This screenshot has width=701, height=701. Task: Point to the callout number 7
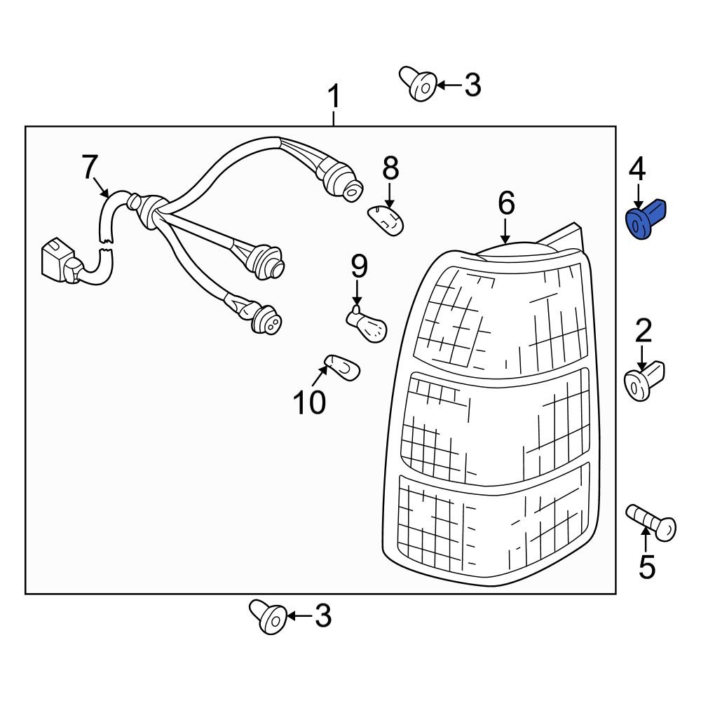pos(89,168)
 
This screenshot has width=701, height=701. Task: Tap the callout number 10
pos(309,402)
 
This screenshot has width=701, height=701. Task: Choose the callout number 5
pos(646,566)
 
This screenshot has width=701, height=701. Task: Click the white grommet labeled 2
pos(643,381)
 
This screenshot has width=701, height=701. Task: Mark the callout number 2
pos(643,330)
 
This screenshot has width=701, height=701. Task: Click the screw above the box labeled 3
pos(418,84)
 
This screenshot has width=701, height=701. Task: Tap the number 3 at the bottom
pos(322,616)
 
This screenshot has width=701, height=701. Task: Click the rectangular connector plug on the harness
pos(57,263)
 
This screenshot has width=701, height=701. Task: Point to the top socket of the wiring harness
pos(342,181)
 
